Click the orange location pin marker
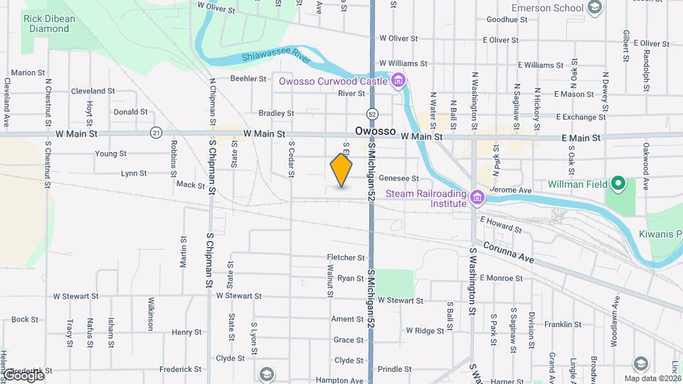coord(341,170)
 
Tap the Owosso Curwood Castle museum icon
coord(398,80)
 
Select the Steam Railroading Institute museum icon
coord(475,196)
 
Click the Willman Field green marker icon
coord(619,184)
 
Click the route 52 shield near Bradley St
coord(372,114)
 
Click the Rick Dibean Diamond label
coord(49,23)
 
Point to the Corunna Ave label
coord(508,252)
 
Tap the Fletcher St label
coord(345,257)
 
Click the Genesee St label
coord(399,178)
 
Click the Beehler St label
coord(248,79)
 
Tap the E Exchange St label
coord(581,117)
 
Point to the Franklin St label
coord(563,324)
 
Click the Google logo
coord(23,375)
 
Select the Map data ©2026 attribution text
coord(652,378)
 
